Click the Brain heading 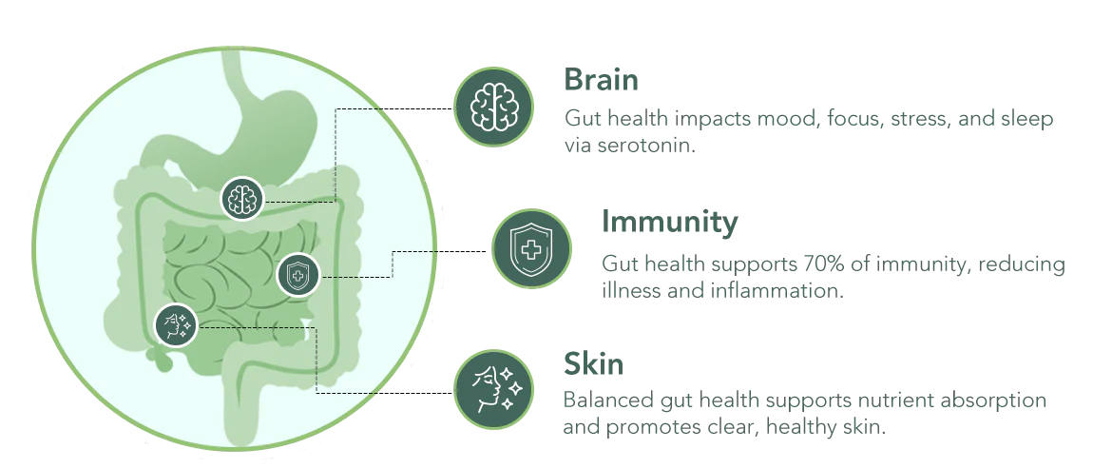(x=601, y=80)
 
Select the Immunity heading (x=669, y=222)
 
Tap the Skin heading (x=593, y=363)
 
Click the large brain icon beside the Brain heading (x=493, y=107)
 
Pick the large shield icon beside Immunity (x=532, y=248)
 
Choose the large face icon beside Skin (x=493, y=389)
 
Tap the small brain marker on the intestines (x=241, y=199)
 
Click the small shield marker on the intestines (x=298, y=275)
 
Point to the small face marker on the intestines (x=176, y=325)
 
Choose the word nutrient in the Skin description (x=895, y=401)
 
